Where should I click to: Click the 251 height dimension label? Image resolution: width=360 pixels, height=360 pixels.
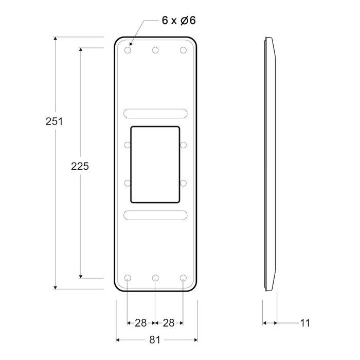tap(55, 121)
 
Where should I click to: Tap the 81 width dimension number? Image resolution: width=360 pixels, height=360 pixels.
tap(155, 339)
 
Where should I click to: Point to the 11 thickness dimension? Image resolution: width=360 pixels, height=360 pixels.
tap(304, 323)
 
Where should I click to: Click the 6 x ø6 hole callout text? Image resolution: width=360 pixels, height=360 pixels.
tap(177, 21)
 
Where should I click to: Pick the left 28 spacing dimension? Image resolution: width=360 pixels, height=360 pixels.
tap(140, 323)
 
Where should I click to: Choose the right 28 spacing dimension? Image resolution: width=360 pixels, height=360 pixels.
tap(169, 323)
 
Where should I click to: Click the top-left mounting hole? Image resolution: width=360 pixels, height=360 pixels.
tap(128, 50)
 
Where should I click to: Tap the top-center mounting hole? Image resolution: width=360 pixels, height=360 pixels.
tap(155, 50)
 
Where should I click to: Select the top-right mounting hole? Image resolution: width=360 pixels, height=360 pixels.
tap(183, 50)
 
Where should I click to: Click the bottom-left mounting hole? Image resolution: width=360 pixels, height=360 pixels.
tap(128, 278)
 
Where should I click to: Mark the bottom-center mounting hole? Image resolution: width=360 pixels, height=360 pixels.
tap(155, 278)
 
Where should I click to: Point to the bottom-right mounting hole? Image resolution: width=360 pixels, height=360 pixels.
tap(183, 278)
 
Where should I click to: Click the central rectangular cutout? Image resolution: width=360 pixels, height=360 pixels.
tap(155, 164)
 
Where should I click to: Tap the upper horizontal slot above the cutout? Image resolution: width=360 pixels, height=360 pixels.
tap(155, 113)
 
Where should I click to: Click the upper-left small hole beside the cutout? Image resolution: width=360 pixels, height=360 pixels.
tap(128, 145)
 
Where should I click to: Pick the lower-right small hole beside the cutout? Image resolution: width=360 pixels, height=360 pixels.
tap(184, 183)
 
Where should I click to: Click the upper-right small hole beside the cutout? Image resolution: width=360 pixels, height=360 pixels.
tap(184, 145)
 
